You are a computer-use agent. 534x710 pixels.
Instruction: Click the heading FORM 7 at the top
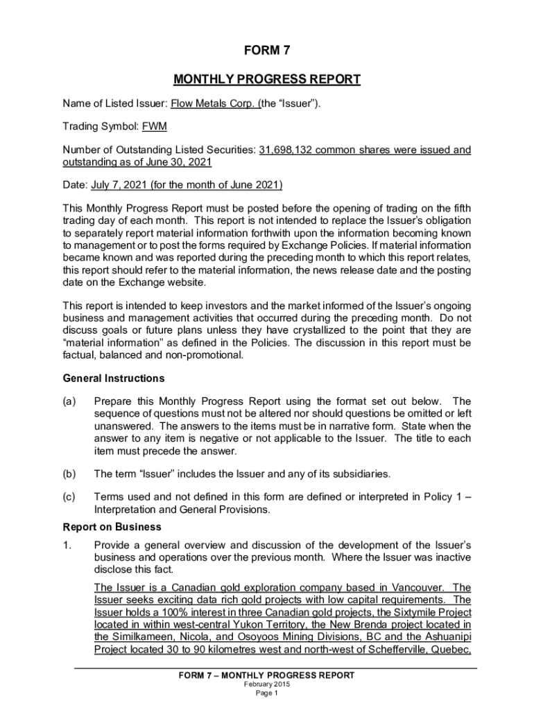click(267, 51)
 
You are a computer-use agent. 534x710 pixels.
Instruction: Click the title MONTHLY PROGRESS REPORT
click(267, 80)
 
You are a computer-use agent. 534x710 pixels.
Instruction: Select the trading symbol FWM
click(155, 127)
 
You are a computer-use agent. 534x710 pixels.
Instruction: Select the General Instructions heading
click(114, 379)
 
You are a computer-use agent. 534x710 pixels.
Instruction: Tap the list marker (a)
click(70, 401)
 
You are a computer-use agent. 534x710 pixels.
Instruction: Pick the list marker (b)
click(70, 474)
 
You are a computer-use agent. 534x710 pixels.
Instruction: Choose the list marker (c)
click(70, 497)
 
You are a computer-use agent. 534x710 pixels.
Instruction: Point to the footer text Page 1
click(267, 693)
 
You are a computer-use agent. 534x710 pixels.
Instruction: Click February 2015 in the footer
click(267, 684)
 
